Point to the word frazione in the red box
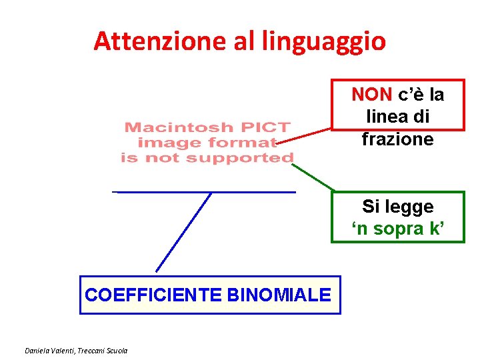pos(397,139)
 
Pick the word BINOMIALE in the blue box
pos(279,295)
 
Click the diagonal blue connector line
pos(183,232)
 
